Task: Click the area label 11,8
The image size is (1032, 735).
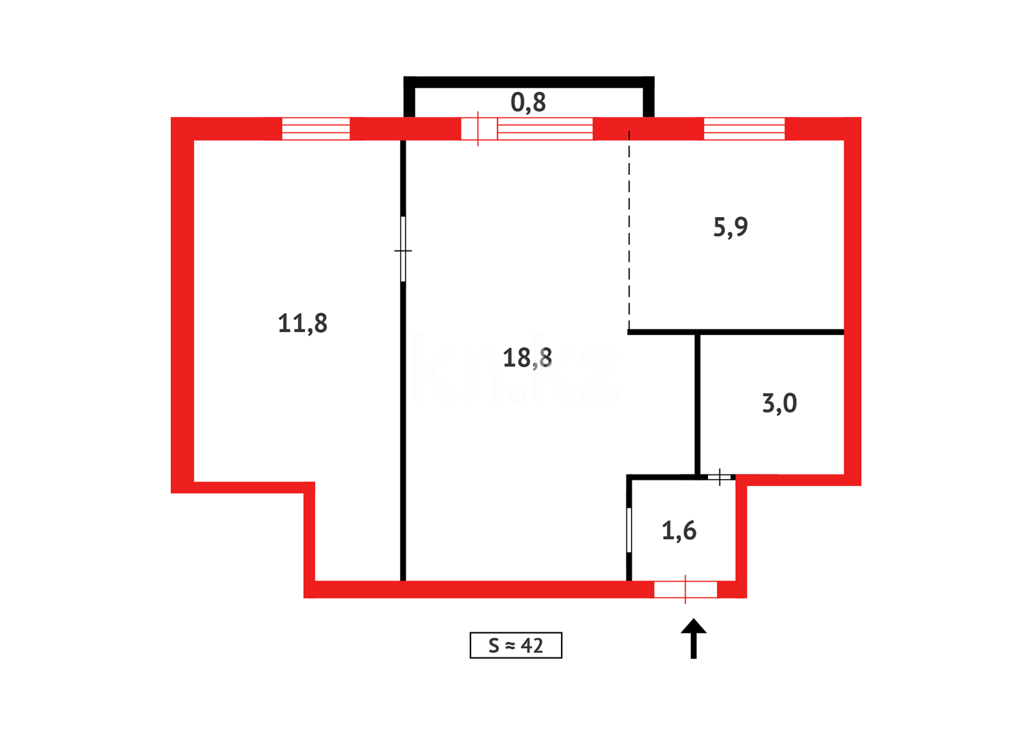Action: tap(302, 323)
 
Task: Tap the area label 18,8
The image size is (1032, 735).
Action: tap(527, 357)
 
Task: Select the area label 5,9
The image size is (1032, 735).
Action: tap(730, 227)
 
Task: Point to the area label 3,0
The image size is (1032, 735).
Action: tap(779, 404)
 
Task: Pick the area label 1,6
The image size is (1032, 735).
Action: tap(679, 530)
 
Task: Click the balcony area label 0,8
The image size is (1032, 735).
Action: tap(528, 102)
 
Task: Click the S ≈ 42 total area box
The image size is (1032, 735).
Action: tap(515, 645)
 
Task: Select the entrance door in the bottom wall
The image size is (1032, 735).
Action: tap(686, 589)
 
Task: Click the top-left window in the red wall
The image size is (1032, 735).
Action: tap(316, 129)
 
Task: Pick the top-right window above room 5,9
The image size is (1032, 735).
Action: tap(744, 129)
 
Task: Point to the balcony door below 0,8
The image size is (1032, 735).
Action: tap(479, 129)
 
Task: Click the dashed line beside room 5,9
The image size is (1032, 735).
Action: tap(629, 231)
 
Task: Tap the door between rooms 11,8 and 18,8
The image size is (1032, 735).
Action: tap(403, 249)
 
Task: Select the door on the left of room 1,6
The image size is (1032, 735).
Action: tap(629, 529)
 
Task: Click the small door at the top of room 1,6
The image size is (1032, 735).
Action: tap(720, 477)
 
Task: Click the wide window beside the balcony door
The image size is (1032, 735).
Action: tap(545, 129)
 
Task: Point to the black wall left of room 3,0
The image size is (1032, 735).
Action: tap(697, 403)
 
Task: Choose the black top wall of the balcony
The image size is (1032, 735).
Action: tap(528, 82)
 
